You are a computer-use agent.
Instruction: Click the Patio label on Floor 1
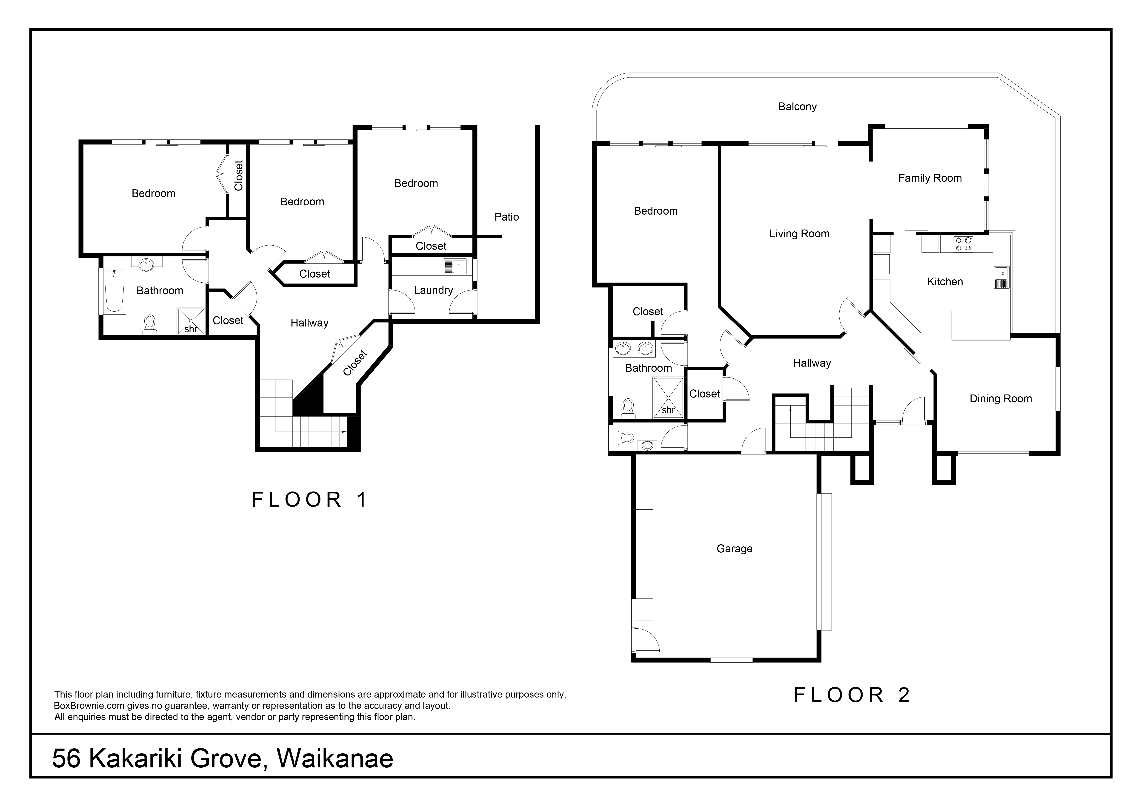click(506, 217)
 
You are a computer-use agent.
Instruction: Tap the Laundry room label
click(433, 290)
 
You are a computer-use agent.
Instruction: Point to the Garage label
click(735, 549)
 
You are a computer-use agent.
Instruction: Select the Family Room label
click(930, 178)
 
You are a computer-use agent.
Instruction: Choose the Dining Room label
click(1000, 399)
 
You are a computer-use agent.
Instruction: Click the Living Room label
click(799, 234)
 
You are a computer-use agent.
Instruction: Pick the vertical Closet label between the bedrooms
click(239, 175)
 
